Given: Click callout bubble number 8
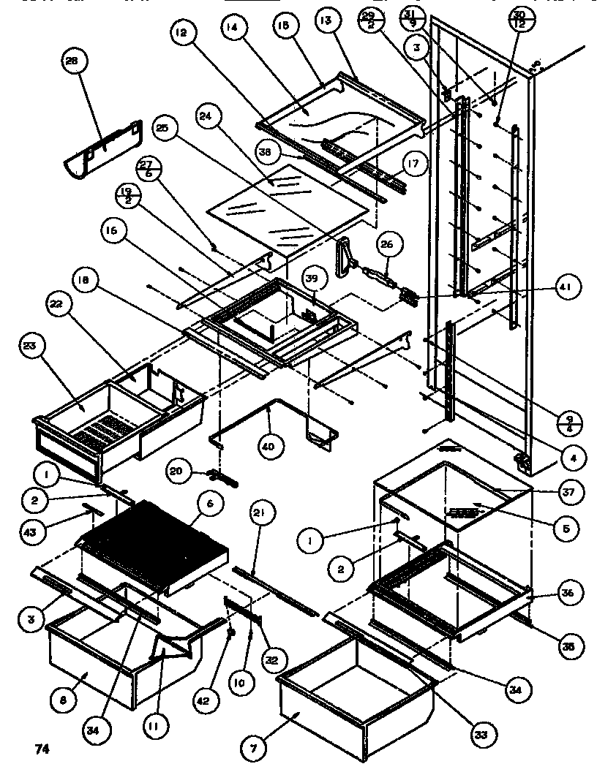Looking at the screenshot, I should click(64, 699).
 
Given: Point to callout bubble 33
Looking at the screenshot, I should click(481, 732).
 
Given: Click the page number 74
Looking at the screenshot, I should click(42, 749).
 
